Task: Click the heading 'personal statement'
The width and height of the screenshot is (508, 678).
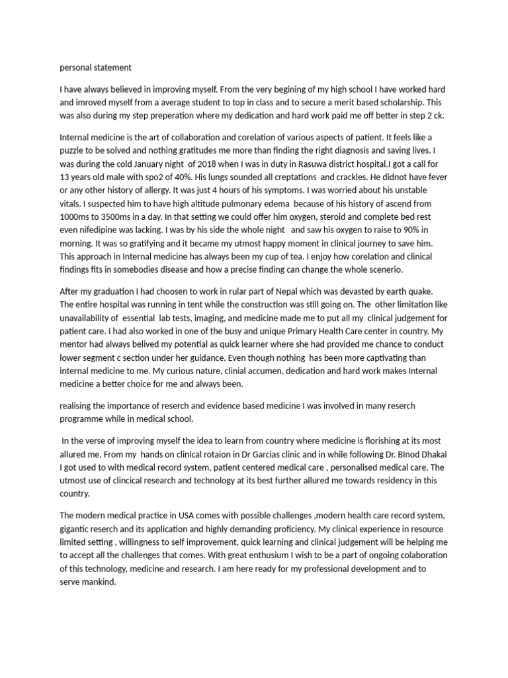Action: [96, 67]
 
